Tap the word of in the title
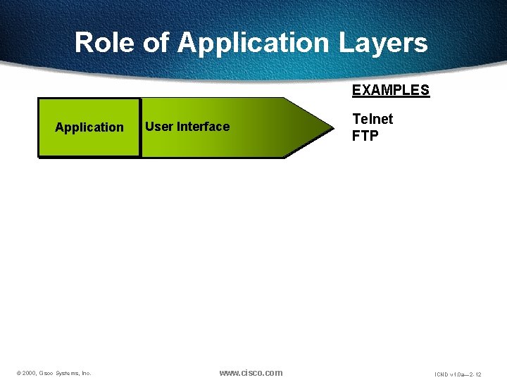[x=156, y=43]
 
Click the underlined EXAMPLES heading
[x=390, y=90]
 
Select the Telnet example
[x=373, y=119]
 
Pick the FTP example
[x=365, y=136]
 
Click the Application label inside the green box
[x=89, y=127]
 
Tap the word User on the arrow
[x=159, y=127]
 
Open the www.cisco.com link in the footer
[x=251, y=372]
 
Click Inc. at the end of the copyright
[x=87, y=373]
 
